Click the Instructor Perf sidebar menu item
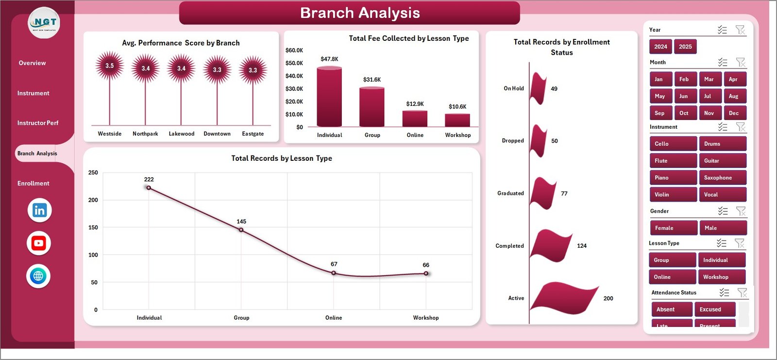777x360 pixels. (x=38, y=123)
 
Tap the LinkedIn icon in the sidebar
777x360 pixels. (x=39, y=210)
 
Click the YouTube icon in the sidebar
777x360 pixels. (x=39, y=243)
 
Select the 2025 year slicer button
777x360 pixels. (x=685, y=47)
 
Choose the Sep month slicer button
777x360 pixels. (x=660, y=113)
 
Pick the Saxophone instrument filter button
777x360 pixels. (x=722, y=178)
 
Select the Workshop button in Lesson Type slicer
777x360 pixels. (x=721, y=277)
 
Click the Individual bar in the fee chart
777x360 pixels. (x=329, y=97)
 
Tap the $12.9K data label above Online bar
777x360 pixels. (x=415, y=104)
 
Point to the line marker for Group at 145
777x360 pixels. (x=241, y=230)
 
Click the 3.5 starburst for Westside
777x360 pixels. (x=110, y=66)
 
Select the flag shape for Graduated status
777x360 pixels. (x=543, y=193)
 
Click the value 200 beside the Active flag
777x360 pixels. (x=608, y=298)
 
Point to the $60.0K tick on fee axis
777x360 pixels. (x=294, y=51)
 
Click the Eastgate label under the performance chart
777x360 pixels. (x=253, y=134)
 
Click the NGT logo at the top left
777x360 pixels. (x=44, y=23)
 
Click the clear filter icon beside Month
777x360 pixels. (x=740, y=62)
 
